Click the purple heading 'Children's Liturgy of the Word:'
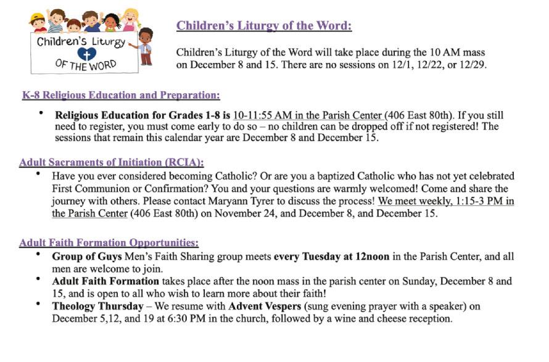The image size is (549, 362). point(264,26)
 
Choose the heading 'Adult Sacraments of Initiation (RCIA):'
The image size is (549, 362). point(112,163)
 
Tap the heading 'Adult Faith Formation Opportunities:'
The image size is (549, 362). point(109,243)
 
